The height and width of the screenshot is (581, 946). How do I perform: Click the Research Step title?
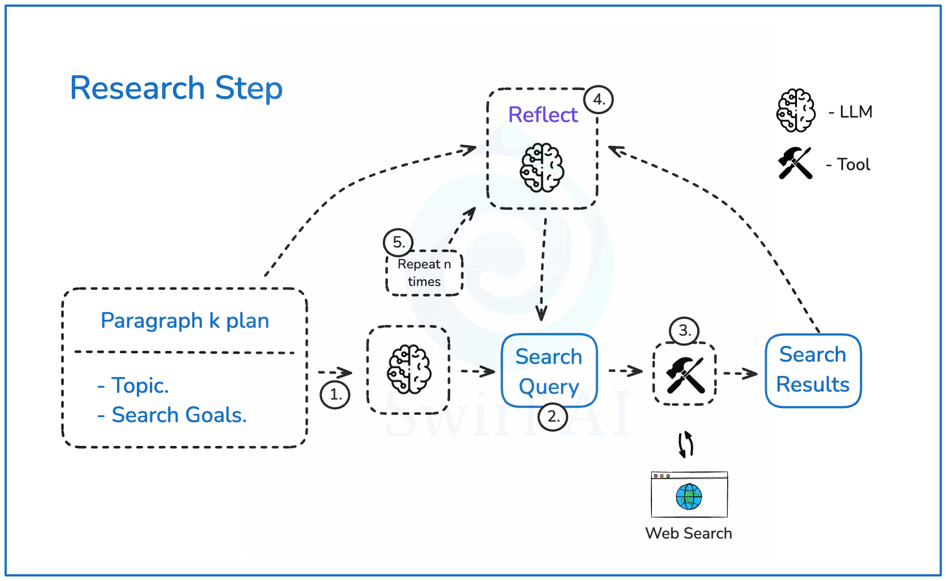click(x=176, y=88)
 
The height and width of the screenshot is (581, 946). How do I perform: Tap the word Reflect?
click(x=543, y=115)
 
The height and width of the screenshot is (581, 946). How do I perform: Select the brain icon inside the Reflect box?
click(x=542, y=167)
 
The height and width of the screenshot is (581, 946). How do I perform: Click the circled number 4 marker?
click(x=599, y=100)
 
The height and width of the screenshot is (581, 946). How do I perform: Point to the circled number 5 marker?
click(x=398, y=242)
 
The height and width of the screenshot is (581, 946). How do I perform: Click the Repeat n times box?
click(x=424, y=273)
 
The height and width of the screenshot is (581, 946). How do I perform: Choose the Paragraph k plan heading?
click(x=184, y=320)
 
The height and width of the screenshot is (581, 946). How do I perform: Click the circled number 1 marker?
click(x=335, y=394)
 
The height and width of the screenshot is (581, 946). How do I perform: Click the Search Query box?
click(x=549, y=371)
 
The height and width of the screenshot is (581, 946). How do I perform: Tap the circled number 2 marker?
click(x=553, y=417)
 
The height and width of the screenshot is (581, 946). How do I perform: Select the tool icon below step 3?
click(x=685, y=374)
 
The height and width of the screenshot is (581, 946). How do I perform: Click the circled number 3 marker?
click(x=684, y=331)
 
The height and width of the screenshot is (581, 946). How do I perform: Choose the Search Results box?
click(x=813, y=370)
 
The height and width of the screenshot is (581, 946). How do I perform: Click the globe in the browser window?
click(x=689, y=497)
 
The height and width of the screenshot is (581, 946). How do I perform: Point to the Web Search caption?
click(x=688, y=533)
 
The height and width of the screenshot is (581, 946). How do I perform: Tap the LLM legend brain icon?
click(x=796, y=111)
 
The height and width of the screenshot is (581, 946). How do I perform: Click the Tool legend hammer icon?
click(x=795, y=163)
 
